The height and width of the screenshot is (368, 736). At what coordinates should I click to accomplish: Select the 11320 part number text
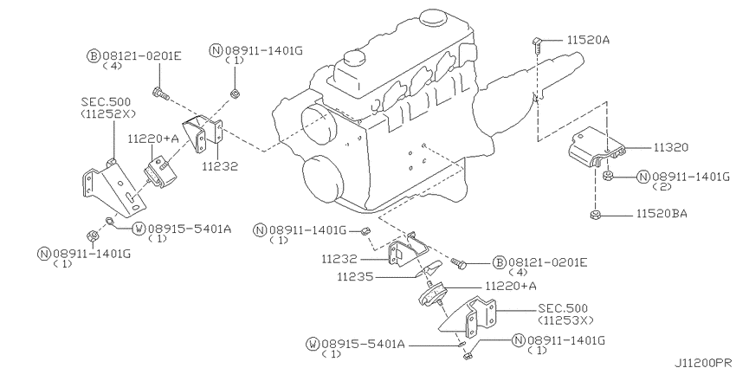pyautogui.click(x=645, y=148)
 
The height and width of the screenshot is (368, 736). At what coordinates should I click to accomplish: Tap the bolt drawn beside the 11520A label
pyautogui.click(x=538, y=42)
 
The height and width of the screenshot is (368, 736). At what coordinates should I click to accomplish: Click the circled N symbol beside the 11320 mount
pyautogui.click(x=642, y=176)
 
